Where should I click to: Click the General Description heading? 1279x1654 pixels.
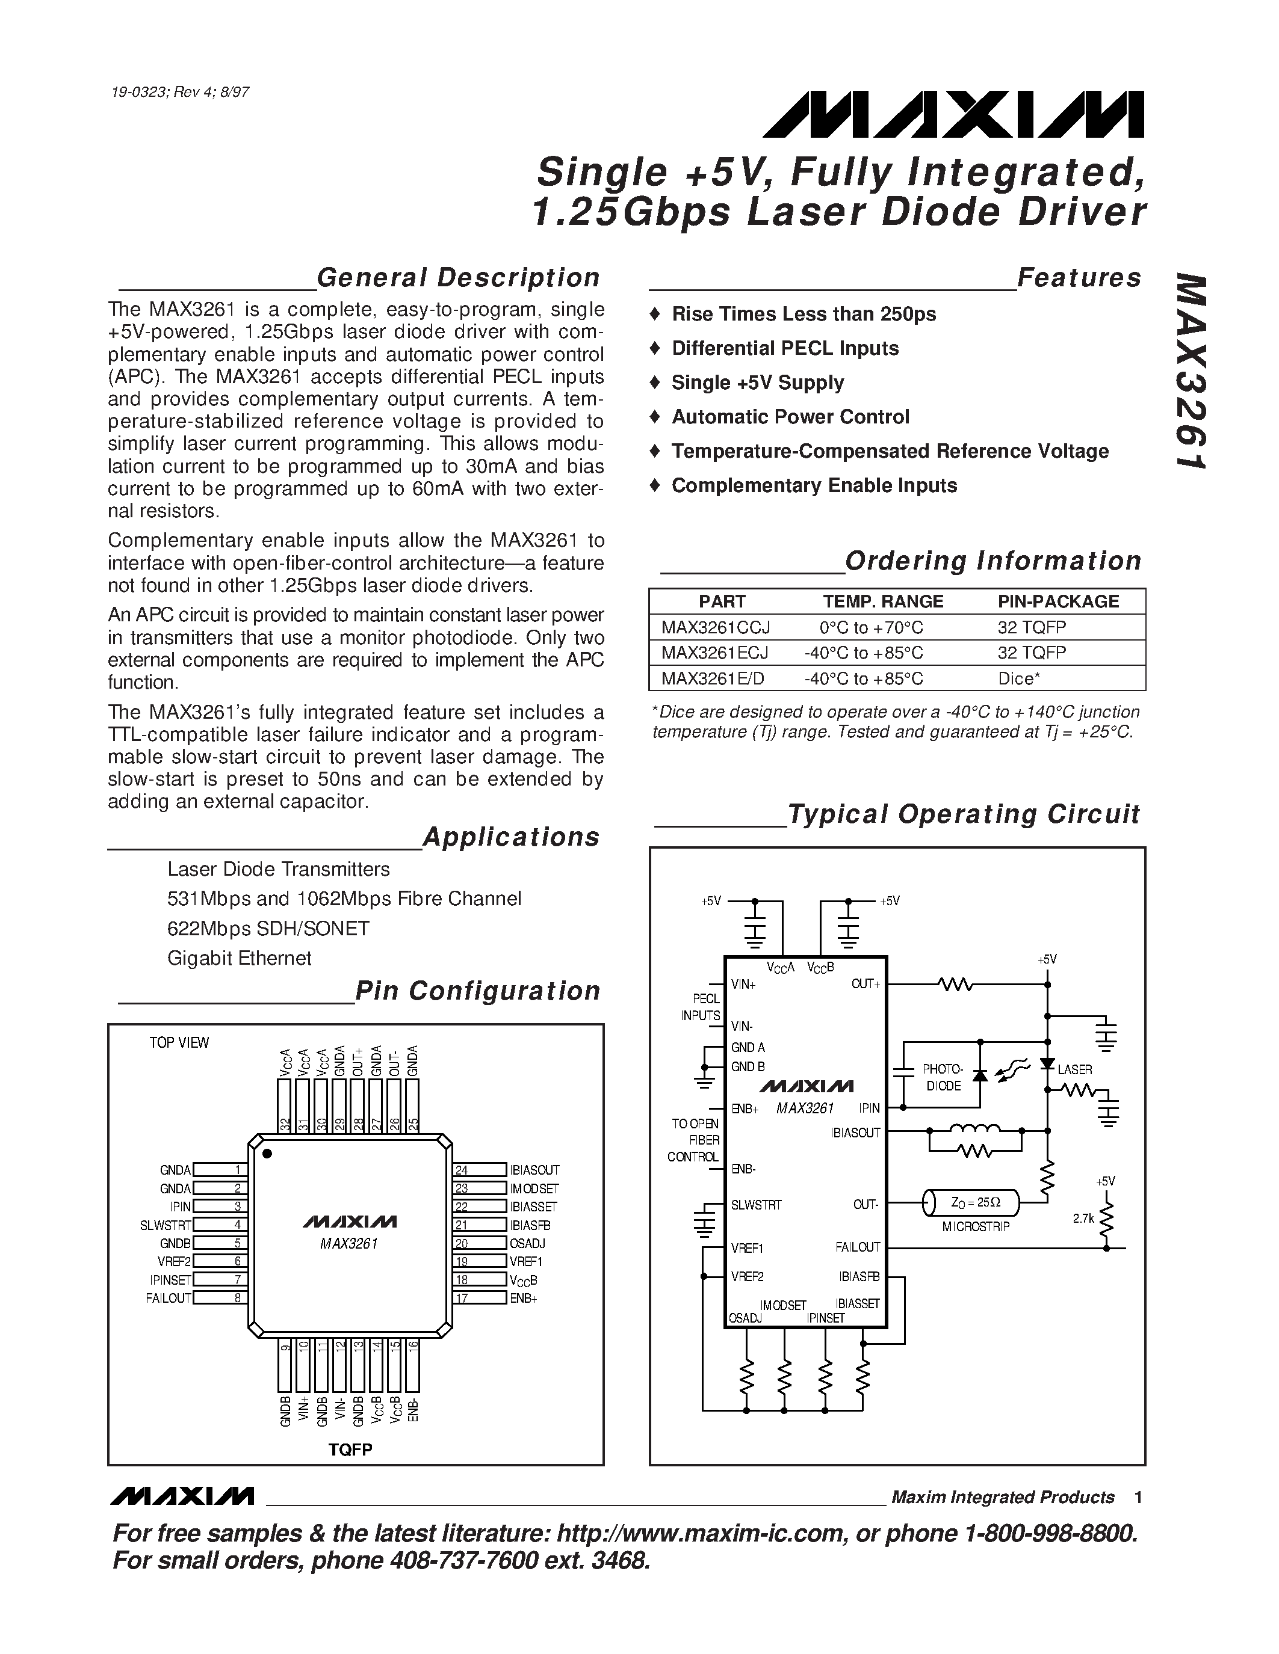pyautogui.click(x=457, y=278)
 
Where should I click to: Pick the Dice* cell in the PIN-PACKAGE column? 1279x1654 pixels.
pyautogui.click(x=1019, y=678)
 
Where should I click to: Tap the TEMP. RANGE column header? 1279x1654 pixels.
pyautogui.click(x=883, y=601)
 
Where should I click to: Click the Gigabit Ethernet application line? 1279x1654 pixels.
pyautogui.click(x=240, y=958)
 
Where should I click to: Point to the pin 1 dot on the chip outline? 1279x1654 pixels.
pyautogui.click(x=266, y=1154)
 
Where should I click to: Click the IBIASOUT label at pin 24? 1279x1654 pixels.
pyautogui.click(x=534, y=1170)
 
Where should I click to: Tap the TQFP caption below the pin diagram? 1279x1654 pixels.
pyautogui.click(x=350, y=1450)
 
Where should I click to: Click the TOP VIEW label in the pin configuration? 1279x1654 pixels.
pyautogui.click(x=179, y=1043)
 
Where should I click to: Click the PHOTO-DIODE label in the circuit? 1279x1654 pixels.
pyautogui.click(x=943, y=1078)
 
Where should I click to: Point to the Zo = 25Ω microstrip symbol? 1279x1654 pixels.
pyautogui.click(x=971, y=1202)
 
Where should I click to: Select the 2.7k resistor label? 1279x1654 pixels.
pyautogui.click(x=1083, y=1219)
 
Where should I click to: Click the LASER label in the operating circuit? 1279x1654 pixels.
pyautogui.click(x=1074, y=1070)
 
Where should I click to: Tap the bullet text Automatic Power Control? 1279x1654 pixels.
pyautogui.click(x=790, y=417)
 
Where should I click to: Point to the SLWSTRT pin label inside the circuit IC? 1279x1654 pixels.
pyautogui.click(x=756, y=1205)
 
